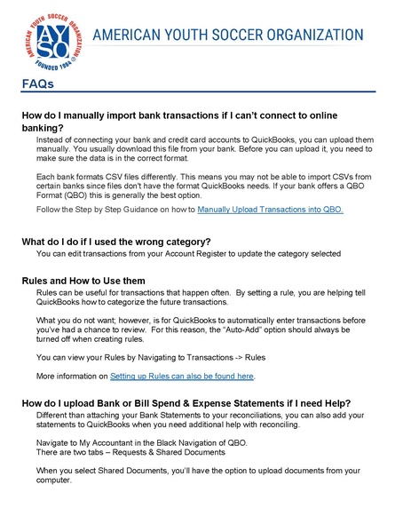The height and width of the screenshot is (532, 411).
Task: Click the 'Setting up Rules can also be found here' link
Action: tap(182, 376)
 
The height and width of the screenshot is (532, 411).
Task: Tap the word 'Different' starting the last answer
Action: tap(54, 415)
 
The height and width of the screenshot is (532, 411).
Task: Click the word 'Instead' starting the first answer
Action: tap(52, 140)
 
